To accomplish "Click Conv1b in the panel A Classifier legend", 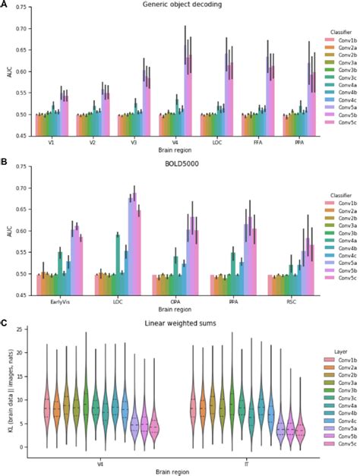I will (x=333, y=40).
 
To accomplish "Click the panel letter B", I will (x=5, y=162).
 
